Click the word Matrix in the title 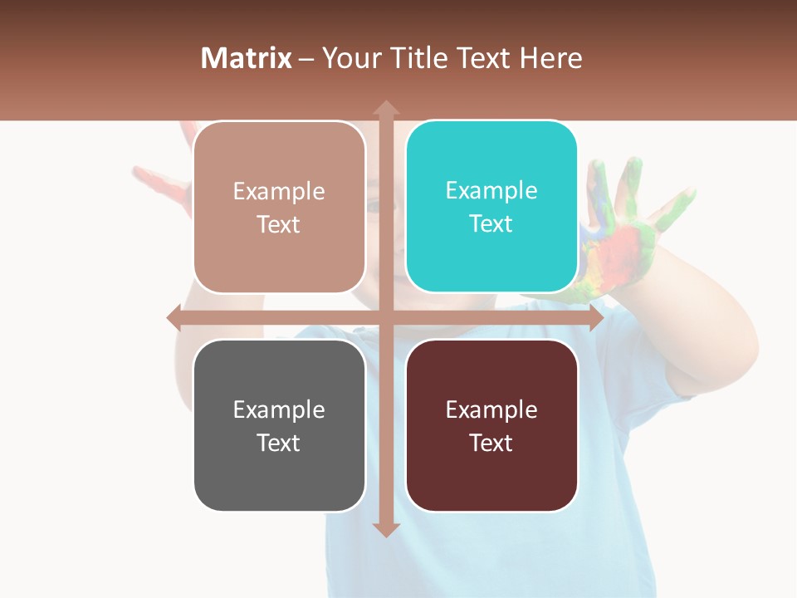247,58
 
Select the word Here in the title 551,58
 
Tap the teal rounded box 491,207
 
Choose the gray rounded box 279,425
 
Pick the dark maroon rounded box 491,425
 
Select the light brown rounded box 279,207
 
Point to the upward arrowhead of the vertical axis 386,107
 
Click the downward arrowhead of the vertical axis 386,529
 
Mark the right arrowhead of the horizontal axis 596,318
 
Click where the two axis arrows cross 386,317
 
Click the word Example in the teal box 491,190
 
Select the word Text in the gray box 278,443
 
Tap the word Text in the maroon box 491,443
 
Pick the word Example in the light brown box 279,191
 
